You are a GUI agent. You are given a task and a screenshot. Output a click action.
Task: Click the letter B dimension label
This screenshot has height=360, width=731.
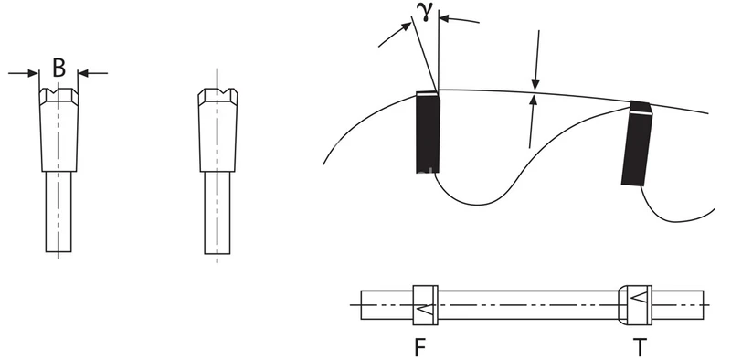(58, 69)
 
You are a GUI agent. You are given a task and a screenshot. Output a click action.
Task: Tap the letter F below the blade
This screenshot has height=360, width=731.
(420, 347)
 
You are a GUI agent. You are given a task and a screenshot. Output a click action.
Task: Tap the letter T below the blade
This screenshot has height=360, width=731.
(640, 347)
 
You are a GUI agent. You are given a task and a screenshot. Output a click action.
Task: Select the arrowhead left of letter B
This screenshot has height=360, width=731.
(33, 73)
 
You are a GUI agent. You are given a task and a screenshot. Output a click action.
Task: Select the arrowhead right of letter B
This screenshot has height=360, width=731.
(84, 73)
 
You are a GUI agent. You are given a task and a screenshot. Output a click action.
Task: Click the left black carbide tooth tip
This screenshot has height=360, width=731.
(428, 132)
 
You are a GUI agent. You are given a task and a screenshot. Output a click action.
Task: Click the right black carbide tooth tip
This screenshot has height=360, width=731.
(637, 143)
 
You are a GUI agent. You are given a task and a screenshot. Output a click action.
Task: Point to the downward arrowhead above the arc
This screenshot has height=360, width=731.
(535, 84)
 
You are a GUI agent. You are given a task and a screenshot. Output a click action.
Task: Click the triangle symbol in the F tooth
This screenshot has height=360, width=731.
(425, 309)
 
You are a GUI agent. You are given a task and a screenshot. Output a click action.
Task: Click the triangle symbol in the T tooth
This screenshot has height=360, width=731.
(639, 297)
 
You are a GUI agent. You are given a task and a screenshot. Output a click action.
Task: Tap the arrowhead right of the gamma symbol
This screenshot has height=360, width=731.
(444, 18)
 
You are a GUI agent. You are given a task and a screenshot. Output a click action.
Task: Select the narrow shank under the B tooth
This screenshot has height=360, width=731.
(58, 212)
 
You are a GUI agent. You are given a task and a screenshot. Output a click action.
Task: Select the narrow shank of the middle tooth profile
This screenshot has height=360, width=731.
(217, 213)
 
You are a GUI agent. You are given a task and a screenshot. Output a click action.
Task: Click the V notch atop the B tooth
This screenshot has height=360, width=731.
(58, 90)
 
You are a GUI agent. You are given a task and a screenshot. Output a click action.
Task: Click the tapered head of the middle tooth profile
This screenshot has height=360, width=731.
(217, 130)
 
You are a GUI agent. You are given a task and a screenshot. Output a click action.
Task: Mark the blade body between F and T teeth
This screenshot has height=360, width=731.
(528, 305)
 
